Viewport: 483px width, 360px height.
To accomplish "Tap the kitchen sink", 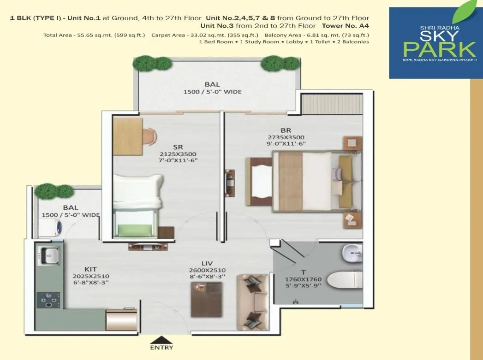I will (x=49, y=255).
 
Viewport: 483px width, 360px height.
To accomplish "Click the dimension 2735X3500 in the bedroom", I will (x=286, y=137).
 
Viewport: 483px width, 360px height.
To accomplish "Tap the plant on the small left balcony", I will (x=48, y=191).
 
